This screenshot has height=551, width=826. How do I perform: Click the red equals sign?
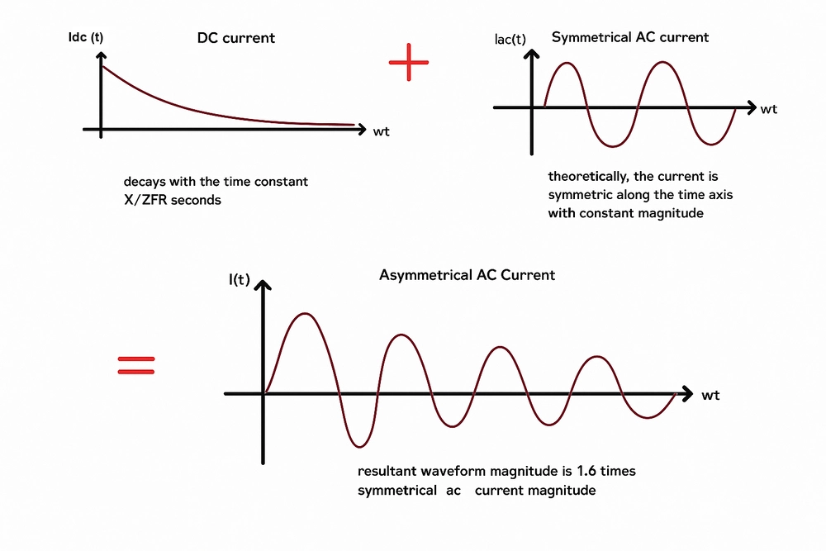[x=136, y=365]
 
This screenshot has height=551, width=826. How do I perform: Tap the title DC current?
[x=236, y=38]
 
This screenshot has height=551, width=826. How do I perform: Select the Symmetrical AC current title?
[x=629, y=37]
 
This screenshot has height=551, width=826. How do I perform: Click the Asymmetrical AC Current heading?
[x=467, y=275]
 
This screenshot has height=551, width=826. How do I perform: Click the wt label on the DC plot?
[x=382, y=131]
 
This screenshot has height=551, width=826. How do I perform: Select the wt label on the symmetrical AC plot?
[x=769, y=109]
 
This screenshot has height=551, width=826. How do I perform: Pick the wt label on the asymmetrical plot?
[x=710, y=396]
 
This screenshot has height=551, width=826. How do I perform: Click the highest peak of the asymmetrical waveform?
[x=306, y=314]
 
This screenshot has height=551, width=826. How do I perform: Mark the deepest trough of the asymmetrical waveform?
[x=357, y=446]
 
